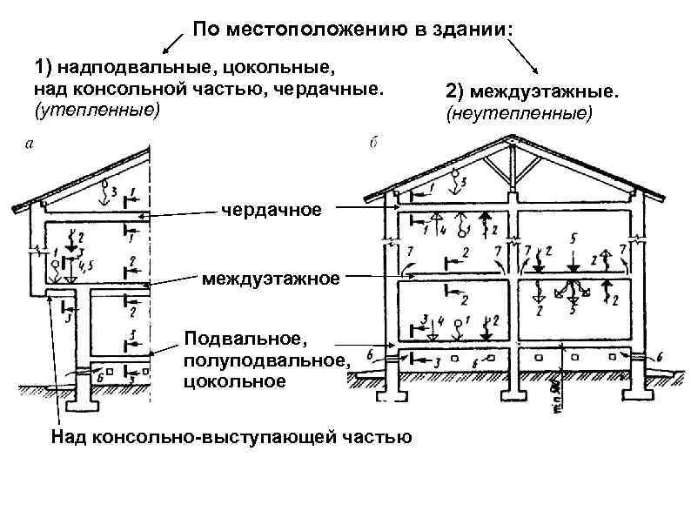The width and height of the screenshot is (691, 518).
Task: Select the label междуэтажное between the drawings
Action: coord(270,279)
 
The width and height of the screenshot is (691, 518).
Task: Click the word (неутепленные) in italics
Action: coord(519,113)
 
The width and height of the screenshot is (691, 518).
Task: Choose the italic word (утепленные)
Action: coord(97,110)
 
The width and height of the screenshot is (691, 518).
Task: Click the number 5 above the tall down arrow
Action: coord(574,237)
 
